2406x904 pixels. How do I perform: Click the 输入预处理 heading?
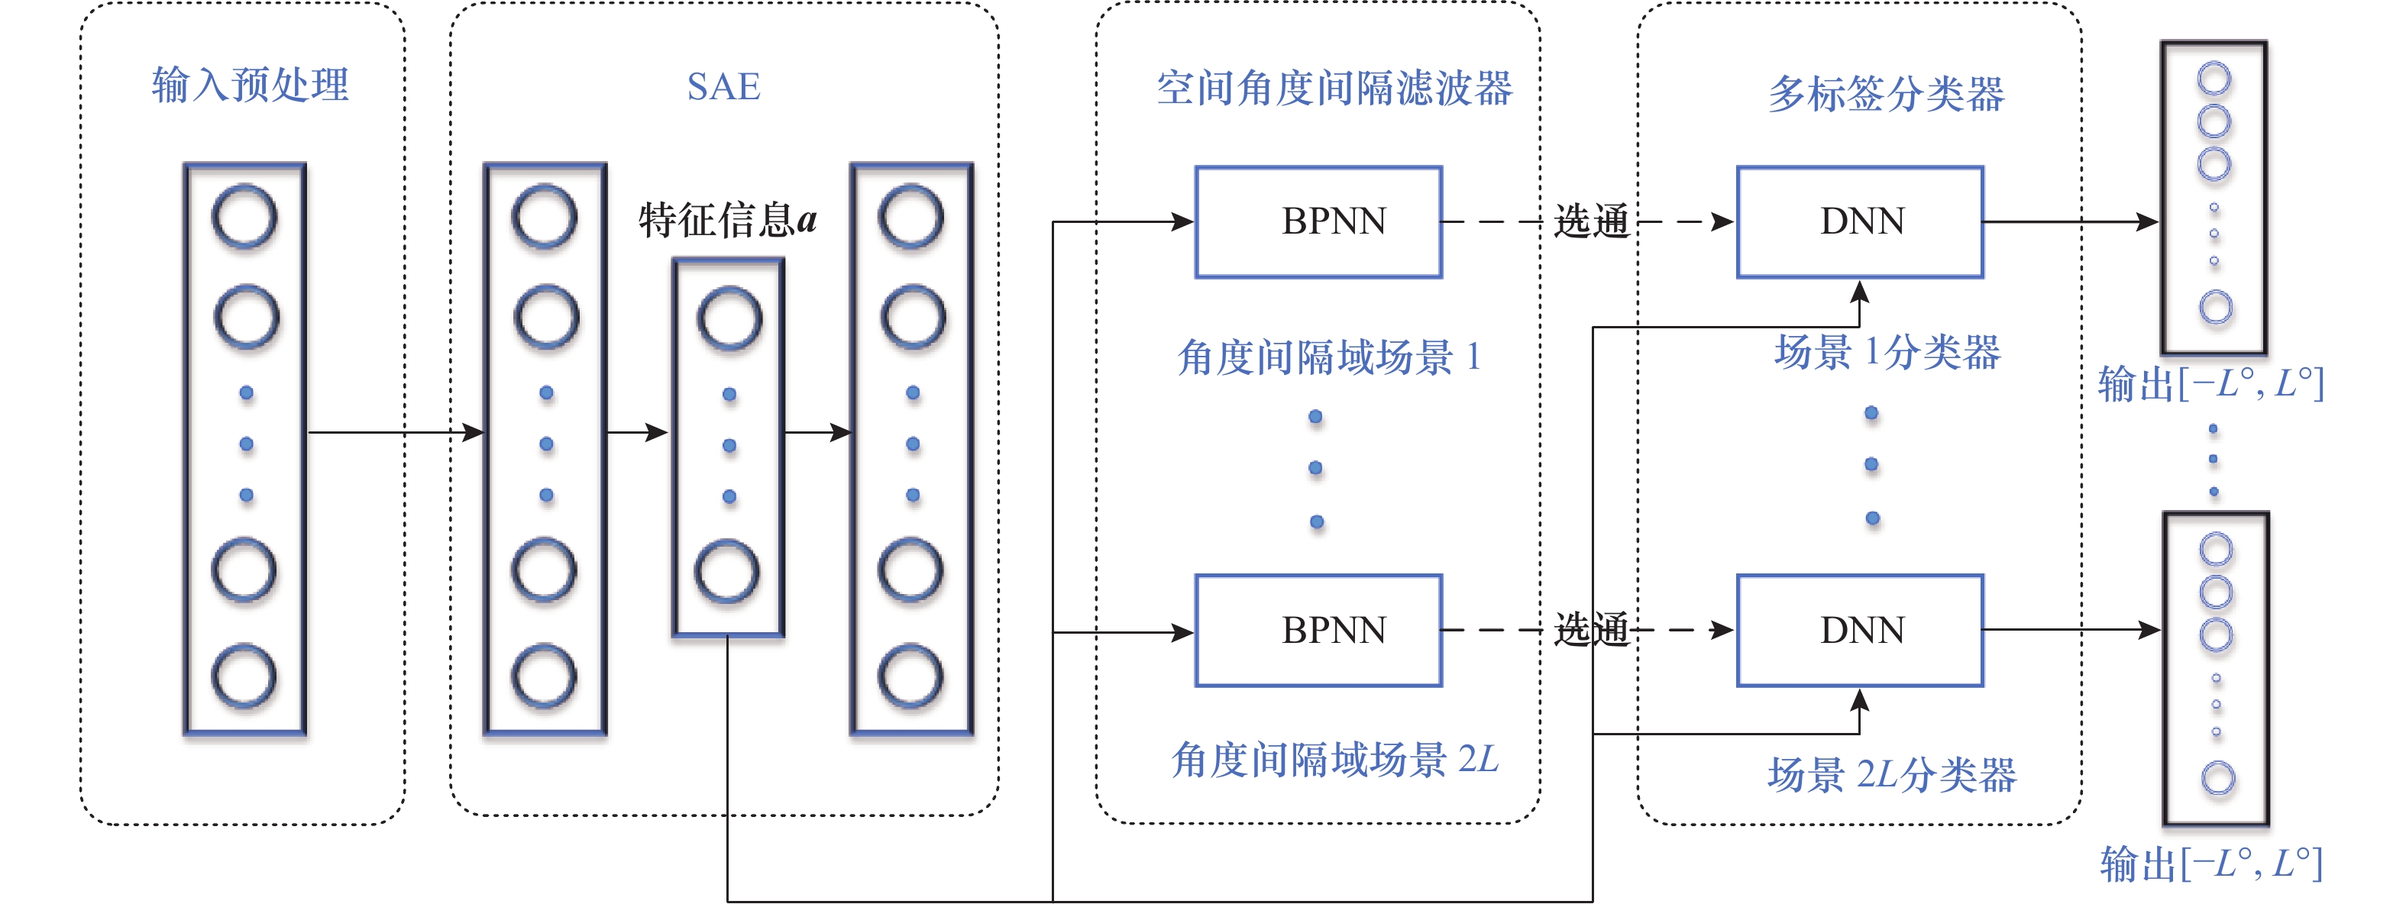(251, 86)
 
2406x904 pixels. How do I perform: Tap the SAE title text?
(724, 87)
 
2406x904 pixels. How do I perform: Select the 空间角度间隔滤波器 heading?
(1334, 89)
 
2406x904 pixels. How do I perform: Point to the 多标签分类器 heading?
(1886, 93)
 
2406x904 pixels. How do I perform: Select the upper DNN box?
(1860, 222)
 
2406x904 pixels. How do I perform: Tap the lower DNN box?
(1860, 631)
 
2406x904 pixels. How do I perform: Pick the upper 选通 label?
(1590, 222)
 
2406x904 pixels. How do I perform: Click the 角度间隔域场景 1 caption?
(1329, 357)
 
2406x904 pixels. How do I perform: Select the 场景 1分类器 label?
(1887, 353)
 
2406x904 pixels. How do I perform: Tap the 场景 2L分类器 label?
(1891, 775)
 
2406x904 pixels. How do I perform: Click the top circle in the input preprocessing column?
(244, 218)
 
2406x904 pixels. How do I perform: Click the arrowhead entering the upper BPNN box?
(1183, 222)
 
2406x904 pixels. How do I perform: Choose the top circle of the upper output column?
(2214, 79)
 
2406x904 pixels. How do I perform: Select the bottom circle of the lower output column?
(2217, 778)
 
